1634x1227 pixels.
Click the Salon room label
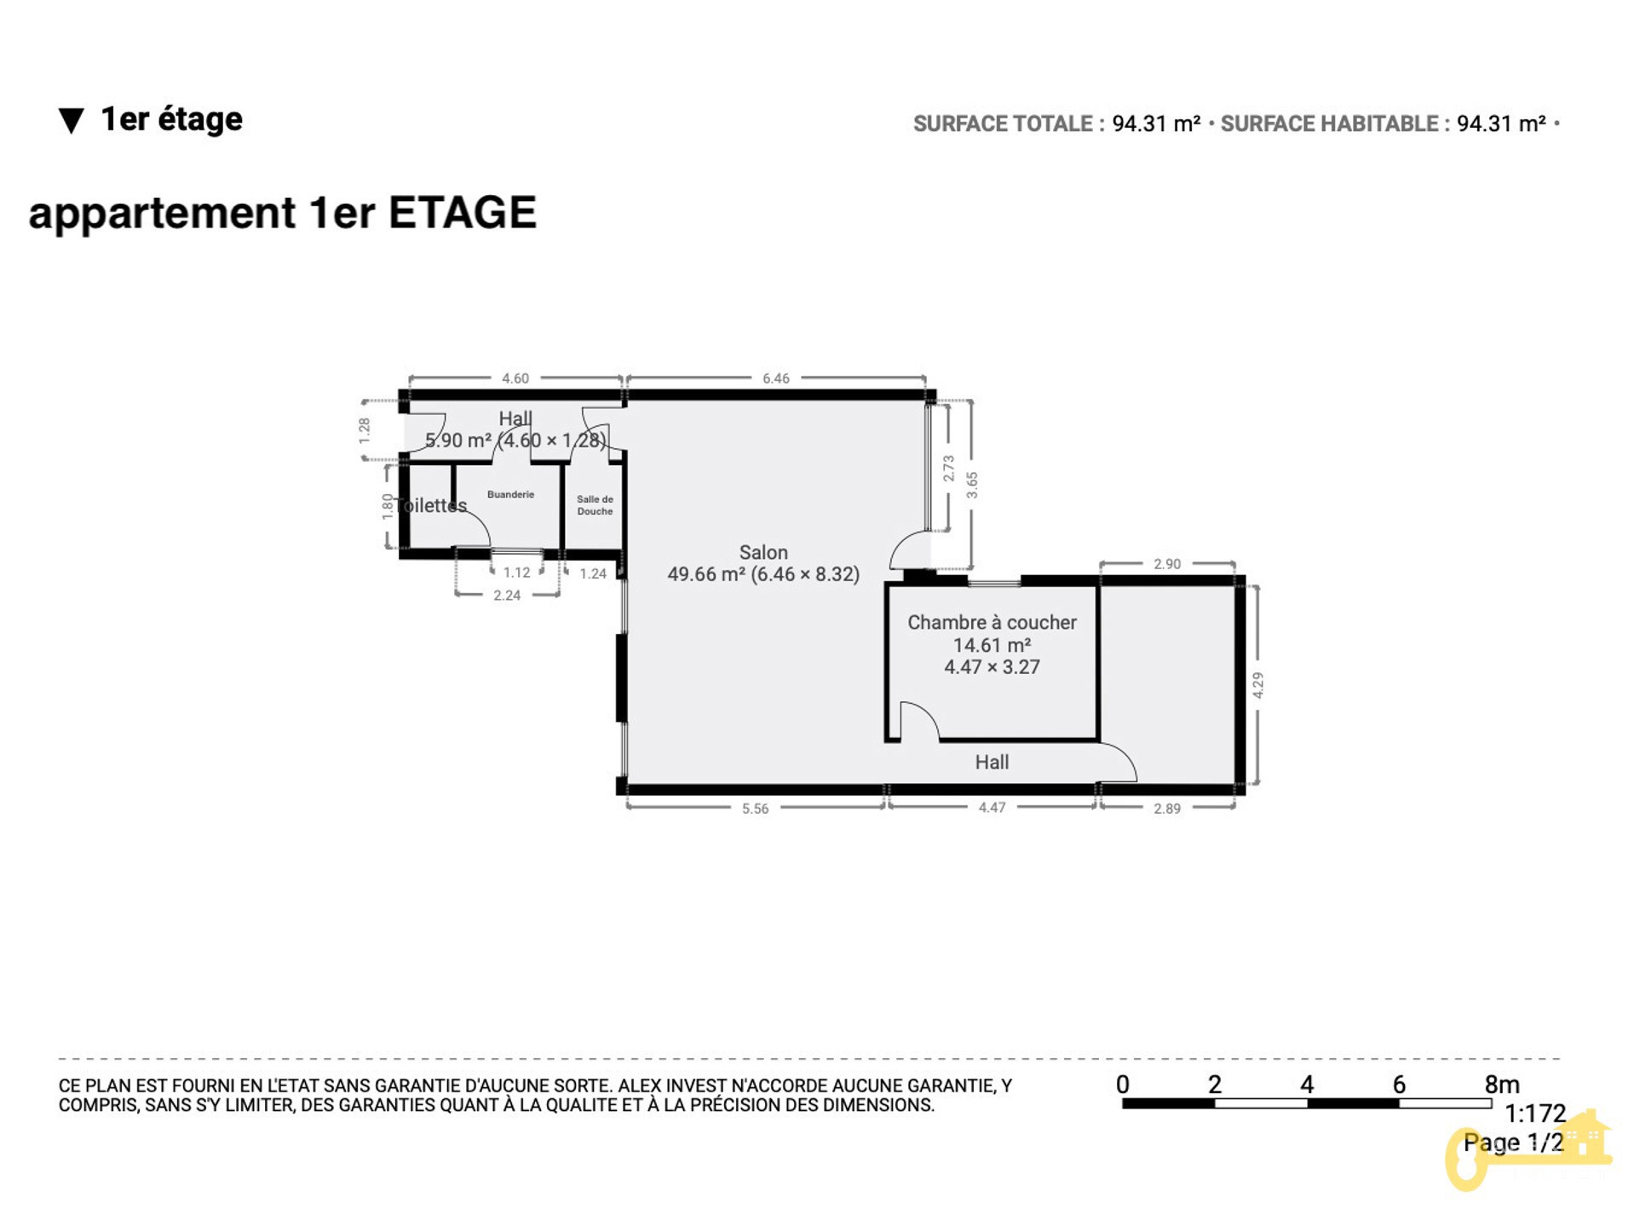[x=763, y=553]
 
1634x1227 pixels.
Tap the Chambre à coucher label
[x=992, y=623]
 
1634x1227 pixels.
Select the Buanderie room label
[x=510, y=494]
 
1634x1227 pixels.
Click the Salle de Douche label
[x=595, y=505]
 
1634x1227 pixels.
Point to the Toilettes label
[x=431, y=505]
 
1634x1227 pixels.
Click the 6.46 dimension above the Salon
[x=776, y=378]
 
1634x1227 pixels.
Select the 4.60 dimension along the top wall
[x=515, y=378]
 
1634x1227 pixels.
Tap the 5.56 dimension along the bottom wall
[x=755, y=809]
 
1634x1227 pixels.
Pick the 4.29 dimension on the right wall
[x=1258, y=685]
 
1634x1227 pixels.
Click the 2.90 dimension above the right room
[x=1167, y=564]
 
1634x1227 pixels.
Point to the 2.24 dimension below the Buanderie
[x=507, y=596]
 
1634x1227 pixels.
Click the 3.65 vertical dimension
[x=972, y=485]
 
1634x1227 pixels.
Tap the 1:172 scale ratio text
[x=1535, y=1114]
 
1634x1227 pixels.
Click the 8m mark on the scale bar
[x=1502, y=1085]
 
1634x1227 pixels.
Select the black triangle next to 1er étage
[x=72, y=121]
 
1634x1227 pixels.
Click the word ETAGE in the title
[x=463, y=212]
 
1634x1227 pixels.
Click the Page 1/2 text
[x=1514, y=1143]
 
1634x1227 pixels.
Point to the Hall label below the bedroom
[x=992, y=763]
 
